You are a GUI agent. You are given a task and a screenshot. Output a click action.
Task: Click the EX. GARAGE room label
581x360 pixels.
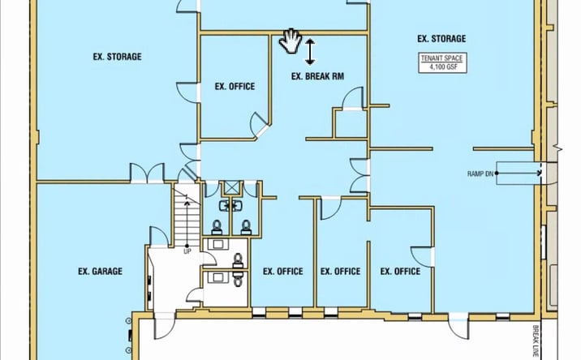coord(100,272)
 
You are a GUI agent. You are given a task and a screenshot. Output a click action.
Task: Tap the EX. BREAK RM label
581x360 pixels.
coord(317,77)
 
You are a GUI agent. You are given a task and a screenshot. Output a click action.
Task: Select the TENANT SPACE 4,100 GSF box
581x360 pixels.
coord(442,62)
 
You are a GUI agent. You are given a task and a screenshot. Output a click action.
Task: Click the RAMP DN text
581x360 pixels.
coord(480,174)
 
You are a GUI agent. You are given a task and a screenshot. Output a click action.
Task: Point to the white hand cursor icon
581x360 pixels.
coord(290,41)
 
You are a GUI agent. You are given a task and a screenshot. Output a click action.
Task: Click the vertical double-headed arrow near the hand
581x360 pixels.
coord(310,52)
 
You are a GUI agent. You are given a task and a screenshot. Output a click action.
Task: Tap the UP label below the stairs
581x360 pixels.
coord(187,252)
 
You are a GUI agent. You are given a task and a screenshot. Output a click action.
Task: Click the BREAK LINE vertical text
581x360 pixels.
coord(536,341)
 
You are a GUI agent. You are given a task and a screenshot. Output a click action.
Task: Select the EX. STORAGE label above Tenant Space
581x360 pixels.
coord(441,39)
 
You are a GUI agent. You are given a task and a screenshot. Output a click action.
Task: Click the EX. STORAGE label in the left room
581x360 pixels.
coord(117,57)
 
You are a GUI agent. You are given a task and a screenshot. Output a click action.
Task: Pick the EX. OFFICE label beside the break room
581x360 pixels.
coord(235,87)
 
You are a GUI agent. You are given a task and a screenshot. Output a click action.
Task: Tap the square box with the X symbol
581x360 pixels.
coord(231,188)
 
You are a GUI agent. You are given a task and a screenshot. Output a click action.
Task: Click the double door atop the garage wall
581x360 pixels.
coord(147,173)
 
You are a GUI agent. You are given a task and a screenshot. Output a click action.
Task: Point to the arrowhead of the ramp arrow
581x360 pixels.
coord(539,173)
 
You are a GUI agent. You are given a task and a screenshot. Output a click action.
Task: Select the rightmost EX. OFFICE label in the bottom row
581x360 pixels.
coord(400,272)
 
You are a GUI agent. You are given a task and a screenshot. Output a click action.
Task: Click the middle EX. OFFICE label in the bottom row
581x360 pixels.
coord(340,272)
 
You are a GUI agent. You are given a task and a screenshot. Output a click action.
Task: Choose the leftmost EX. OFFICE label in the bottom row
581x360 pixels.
coord(283,272)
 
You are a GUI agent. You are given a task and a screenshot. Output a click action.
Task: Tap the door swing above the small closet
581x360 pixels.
coord(352,99)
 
